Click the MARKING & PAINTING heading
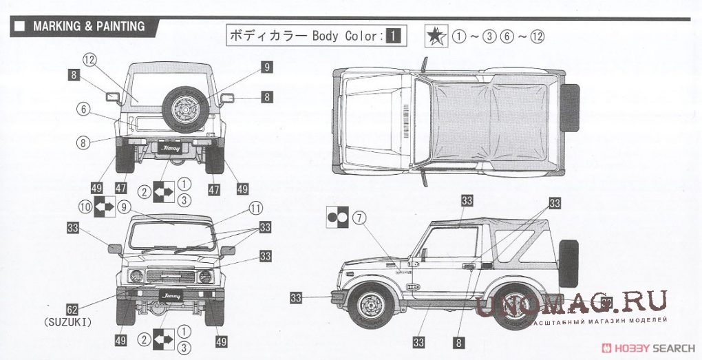pyautogui.click(x=88, y=27)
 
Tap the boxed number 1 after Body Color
pyautogui.click(x=392, y=35)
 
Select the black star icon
pyautogui.click(x=436, y=36)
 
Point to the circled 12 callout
pyautogui.click(x=89, y=60)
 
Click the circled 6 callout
pyautogui.click(x=83, y=109)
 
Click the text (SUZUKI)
pyautogui.click(x=68, y=321)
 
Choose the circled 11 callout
pyautogui.click(x=255, y=207)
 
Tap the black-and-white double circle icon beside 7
pyautogui.click(x=337, y=218)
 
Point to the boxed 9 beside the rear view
pyautogui.click(x=266, y=67)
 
